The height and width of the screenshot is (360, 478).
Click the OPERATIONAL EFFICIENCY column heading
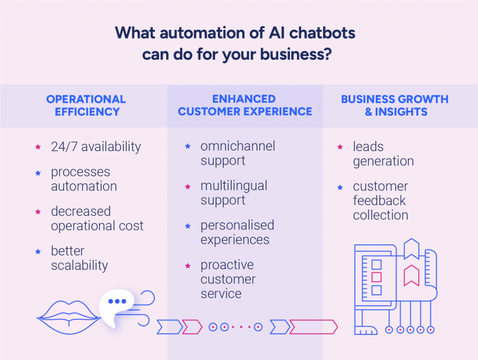pyautogui.click(x=86, y=106)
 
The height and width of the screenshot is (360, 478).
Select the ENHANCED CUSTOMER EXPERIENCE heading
pyautogui.click(x=245, y=106)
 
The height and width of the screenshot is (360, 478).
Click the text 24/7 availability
pyautogui.click(x=96, y=147)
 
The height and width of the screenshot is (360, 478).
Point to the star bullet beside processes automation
pyautogui.click(x=38, y=173)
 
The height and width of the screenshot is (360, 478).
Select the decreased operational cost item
pyautogui.click(x=96, y=218)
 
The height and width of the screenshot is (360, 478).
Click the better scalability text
pyautogui.click(x=79, y=258)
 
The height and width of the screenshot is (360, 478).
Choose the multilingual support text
pyautogui.click(x=233, y=193)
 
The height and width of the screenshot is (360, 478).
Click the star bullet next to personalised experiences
pyautogui.click(x=187, y=226)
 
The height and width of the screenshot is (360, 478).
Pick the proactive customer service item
pyautogui.click(x=228, y=279)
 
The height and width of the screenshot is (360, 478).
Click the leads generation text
pyautogui.click(x=383, y=154)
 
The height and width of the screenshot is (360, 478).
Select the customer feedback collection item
pyautogui.click(x=380, y=200)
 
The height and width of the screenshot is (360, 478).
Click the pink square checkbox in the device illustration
pyautogui.click(x=376, y=277)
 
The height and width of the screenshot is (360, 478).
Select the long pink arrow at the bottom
pyautogui.click(x=313, y=327)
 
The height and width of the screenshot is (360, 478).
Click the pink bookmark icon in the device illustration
pyautogui.click(x=411, y=275)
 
